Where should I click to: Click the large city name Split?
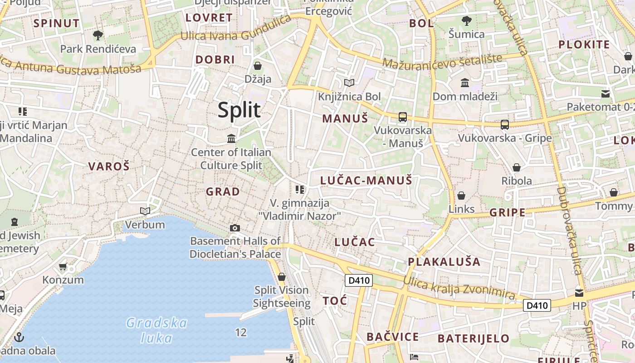point(239,110)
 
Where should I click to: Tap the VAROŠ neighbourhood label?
point(109,166)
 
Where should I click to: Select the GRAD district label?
point(223,191)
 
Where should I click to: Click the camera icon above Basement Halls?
point(235,228)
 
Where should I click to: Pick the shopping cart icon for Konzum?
point(63,266)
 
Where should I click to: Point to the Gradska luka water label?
point(156,330)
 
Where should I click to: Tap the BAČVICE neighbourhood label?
point(392,337)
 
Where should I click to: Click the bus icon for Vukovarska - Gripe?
point(504,125)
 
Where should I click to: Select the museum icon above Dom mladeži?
point(465,83)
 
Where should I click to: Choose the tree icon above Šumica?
point(466,21)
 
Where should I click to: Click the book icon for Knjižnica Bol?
point(349,83)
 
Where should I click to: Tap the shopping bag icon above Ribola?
point(516,168)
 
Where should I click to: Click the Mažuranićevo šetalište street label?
point(442,61)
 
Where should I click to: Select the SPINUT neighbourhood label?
point(56,23)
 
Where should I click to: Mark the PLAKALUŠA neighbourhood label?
point(444,262)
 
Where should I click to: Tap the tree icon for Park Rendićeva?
point(98,35)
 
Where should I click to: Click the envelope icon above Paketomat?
point(606,94)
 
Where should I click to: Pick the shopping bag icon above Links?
point(461,196)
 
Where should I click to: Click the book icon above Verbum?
point(145,211)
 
